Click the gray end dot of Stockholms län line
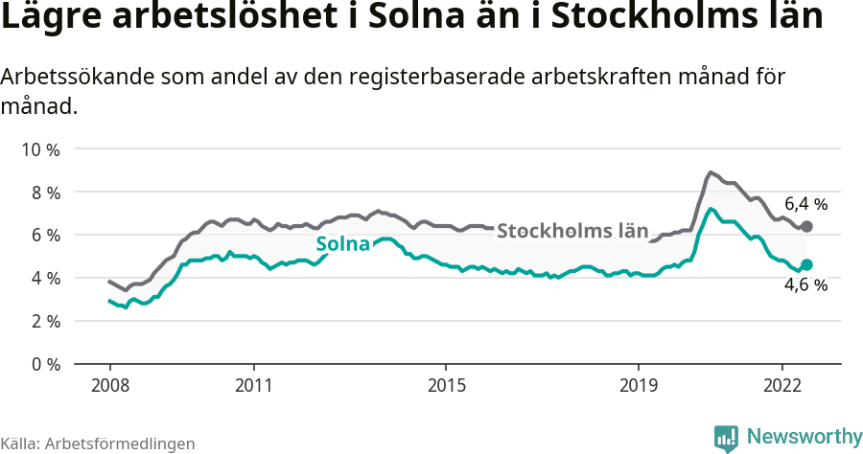click(x=806, y=227)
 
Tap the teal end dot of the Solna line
click(x=806, y=264)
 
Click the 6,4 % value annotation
click(x=805, y=204)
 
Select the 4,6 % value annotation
click(x=805, y=284)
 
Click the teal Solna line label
click(x=342, y=244)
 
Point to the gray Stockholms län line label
click(x=572, y=231)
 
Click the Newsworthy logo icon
click(x=726, y=438)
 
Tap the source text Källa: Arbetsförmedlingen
click(x=98, y=443)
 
